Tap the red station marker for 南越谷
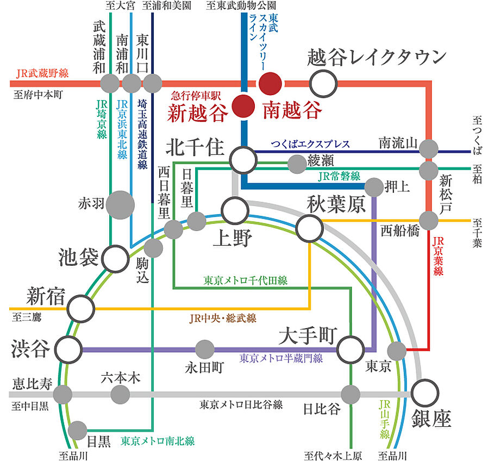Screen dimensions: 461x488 point(270,84)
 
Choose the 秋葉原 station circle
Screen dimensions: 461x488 point(310,227)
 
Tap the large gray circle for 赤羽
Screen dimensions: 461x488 point(120,204)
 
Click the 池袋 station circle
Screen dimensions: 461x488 point(116,258)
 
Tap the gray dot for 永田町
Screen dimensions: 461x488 point(205,348)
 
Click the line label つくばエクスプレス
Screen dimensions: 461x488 point(310,145)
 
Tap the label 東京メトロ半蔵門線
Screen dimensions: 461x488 point(281,358)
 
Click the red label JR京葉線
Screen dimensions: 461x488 point(439,256)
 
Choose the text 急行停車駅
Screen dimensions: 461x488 point(196,93)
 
